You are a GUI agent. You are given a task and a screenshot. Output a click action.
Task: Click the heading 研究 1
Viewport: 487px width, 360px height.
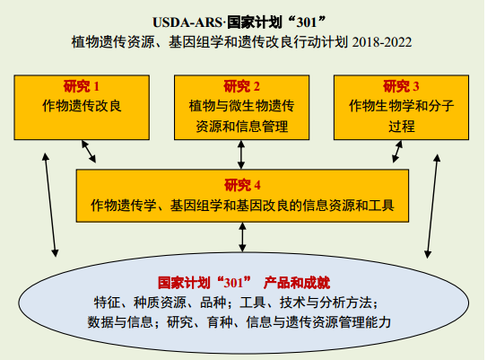point(82,86)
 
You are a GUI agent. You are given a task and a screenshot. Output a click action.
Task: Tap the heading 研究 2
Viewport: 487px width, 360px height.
point(241,86)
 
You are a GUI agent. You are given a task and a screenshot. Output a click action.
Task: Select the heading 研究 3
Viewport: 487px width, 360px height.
point(401,86)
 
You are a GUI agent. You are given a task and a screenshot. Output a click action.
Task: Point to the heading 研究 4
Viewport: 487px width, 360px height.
point(242,185)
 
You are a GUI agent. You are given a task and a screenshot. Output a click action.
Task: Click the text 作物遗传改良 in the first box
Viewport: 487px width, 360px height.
point(82,106)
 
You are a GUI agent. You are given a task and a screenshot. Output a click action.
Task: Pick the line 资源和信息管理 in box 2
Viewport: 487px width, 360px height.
point(241,127)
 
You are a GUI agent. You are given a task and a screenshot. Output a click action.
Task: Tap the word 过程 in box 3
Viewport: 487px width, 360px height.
point(401,127)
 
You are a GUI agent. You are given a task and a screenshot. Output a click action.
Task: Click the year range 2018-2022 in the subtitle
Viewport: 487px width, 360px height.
point(382,42)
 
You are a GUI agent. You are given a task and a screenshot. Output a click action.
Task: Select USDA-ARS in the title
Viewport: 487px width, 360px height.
point(187,22)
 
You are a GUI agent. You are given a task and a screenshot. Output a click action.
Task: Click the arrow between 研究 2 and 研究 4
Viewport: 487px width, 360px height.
point(241,154)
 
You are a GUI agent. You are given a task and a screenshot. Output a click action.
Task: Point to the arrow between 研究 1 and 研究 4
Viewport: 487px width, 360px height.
point(89,152)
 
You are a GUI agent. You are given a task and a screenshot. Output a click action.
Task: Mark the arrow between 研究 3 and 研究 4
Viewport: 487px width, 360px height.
point(397,152)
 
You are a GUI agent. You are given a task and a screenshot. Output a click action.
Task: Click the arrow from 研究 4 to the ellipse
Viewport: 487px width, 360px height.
point(242,237)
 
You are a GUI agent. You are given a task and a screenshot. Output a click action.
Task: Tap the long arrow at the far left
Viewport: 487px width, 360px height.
point(50,205)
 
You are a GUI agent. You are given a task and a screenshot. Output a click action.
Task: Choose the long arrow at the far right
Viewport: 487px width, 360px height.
point(432,206)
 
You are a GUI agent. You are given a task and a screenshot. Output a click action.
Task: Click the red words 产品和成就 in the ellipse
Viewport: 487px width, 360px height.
point(297,283)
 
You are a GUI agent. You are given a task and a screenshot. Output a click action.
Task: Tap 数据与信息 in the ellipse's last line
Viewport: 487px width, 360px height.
point(120,322)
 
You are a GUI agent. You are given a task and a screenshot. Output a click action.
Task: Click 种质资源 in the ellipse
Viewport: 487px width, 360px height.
point(160,303)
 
